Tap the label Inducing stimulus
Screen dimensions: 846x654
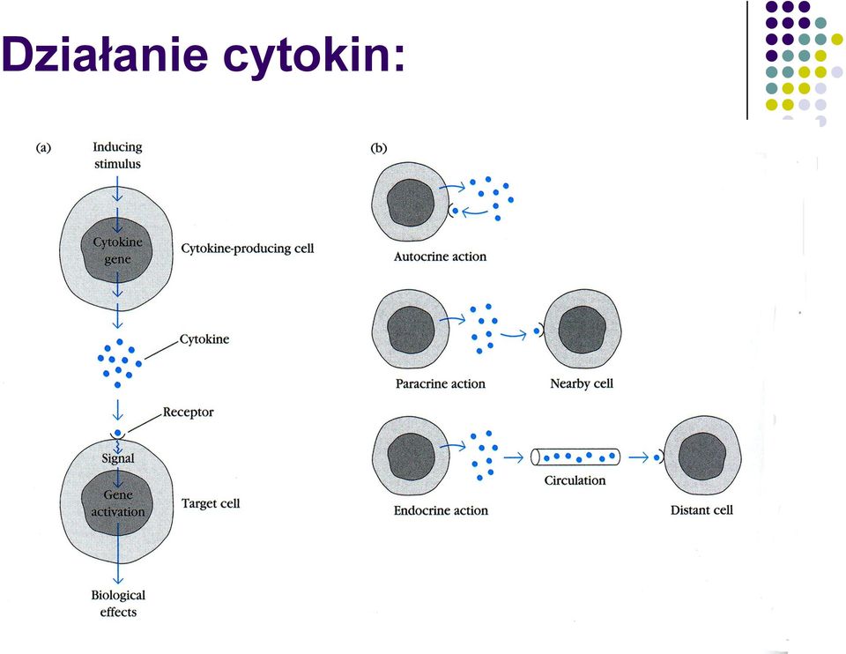[117, 155]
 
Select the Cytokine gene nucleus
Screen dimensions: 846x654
[117, 250]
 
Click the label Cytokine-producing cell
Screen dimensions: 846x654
[247, 249]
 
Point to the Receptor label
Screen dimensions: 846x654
[189, 412]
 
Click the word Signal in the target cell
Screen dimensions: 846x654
[118, 458]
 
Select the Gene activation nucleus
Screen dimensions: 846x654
[117, 503]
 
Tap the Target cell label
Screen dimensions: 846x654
[211, 503]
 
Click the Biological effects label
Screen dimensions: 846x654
[118, 603]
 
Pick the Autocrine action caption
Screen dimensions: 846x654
[440, 256]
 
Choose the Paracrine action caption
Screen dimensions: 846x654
[441, 383]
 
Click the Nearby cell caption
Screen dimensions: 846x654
[582, 383]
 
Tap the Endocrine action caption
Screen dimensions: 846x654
[441, 510]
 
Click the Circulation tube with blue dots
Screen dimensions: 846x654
[575, 457]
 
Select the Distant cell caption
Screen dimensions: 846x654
[701, 510]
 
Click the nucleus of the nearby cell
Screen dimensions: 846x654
[583, 330]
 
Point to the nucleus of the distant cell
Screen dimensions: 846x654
[702, 456]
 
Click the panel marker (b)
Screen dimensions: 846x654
[379, 148]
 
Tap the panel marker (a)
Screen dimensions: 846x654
[43, 147]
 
